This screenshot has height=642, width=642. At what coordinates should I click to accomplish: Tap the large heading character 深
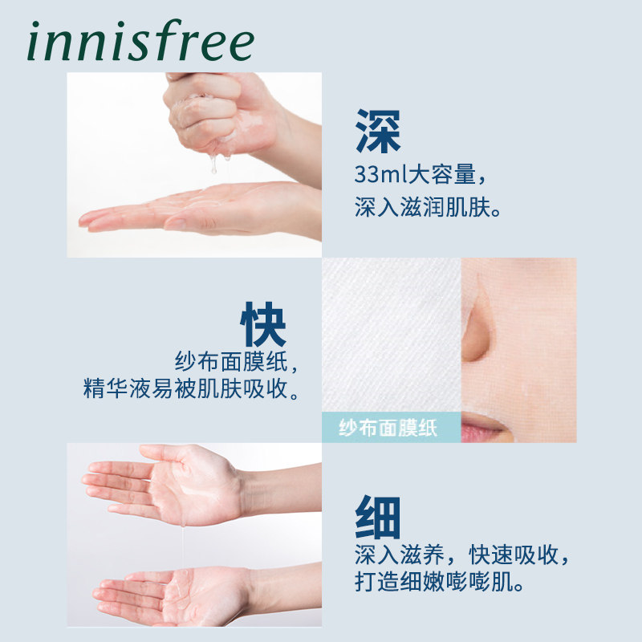(377, 132)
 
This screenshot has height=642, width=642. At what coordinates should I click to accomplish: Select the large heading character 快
(263, 325)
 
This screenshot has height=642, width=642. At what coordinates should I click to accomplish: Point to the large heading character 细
(377, 518)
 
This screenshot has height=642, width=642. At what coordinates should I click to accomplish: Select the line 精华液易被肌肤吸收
(192, 391)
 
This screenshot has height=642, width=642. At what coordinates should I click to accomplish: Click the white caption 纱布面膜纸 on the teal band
(388, 428)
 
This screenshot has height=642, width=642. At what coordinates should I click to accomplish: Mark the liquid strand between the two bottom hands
(183, 546)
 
